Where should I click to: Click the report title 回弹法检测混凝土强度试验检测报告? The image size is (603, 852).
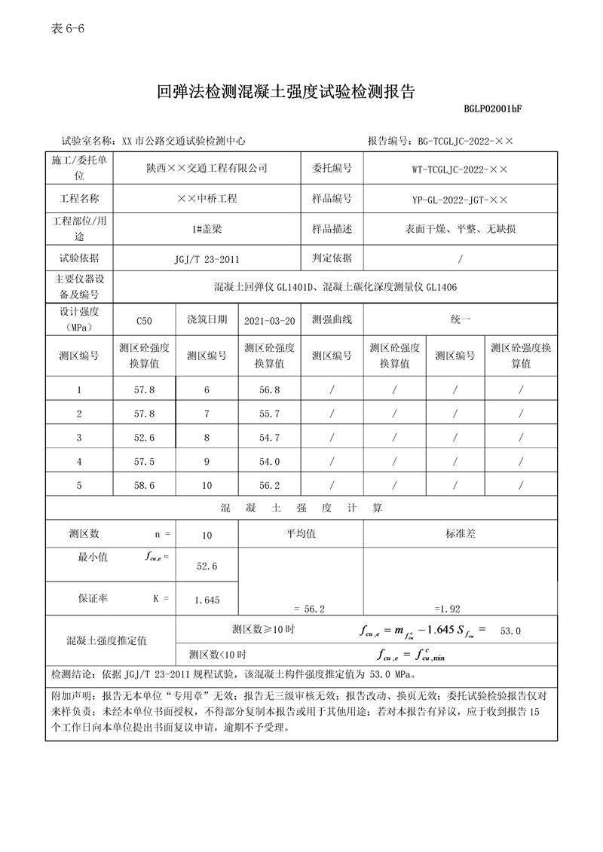[286, 92]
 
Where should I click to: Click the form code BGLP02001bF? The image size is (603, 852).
[494, 109]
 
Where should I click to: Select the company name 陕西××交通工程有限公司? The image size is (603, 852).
[207, 168]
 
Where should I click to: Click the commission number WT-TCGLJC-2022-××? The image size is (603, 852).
[460, 168]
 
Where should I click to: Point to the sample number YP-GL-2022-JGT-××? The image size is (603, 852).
[460, 200]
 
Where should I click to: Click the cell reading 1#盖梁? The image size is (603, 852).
[207, 230]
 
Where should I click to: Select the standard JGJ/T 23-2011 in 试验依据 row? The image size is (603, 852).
[207, 259]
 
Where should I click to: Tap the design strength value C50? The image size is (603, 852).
[144, 321]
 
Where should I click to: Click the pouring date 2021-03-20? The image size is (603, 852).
[269, 321]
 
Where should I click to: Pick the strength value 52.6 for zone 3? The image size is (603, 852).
[144, 438]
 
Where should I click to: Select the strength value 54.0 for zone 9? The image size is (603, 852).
[269, 462]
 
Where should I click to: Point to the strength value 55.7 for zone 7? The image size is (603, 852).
[269, 414]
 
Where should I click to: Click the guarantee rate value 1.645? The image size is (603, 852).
[207, 600]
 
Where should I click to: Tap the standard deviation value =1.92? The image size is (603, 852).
[447, 608]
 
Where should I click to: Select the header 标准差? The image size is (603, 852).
[460, 533]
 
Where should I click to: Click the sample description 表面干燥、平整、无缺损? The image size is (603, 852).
[460, 230]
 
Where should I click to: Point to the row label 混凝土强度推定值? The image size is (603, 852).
[106, 640]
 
